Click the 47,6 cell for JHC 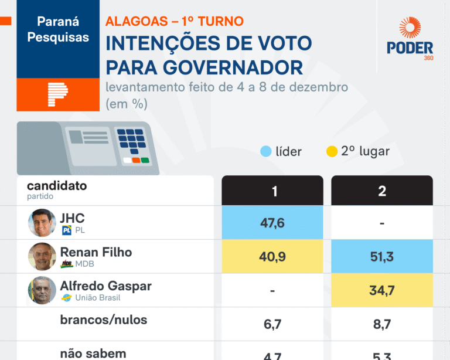pyautogui.click(x=272, y=223)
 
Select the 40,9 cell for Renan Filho pyautogui.click(x=272, y=256)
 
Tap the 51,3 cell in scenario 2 pyautogui.click(x=381, y=256)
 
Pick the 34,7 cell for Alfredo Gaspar pyautogui.click(x=381, y=290)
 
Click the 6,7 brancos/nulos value pyautogui.click(x=272, y=323)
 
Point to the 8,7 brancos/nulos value pyautogui.click(x=381, y=323)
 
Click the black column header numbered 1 pyautogui.click(x=272, y=191)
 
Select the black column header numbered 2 pyautogui.click(x=381, y=191)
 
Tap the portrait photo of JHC pyautogui.click(x=42, y=223)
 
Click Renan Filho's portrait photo pyautogui.click(x=42, y=256)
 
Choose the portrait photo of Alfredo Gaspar pyautogui.click(x=42, y=290)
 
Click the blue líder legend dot pyautogui.click(x=266, y=151)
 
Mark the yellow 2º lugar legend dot pyautogui.click(x=332, y=151)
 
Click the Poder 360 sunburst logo pyautogui.click(x=410, y=29)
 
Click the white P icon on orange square pyautogui.click(x=57, y=94)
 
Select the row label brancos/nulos pyautogui.click(x=103, y=320)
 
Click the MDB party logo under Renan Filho pyautogui.click(x=67, y=264)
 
